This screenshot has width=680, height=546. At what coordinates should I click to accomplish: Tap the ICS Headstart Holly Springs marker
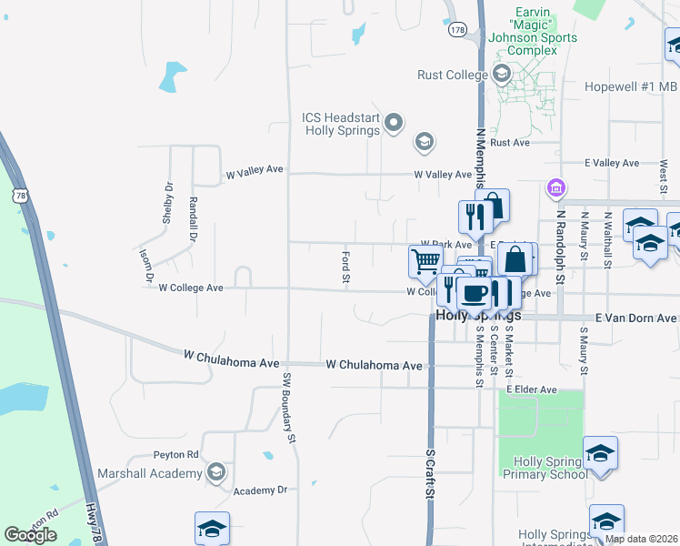(x=394, y=122)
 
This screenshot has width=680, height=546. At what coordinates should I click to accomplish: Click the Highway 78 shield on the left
(x=20, y=195)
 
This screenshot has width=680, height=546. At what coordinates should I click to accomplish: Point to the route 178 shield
(x=457, y=30)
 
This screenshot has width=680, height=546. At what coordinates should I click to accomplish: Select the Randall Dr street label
(x=193, y=217)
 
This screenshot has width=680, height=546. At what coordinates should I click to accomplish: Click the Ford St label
(x=346, y=267)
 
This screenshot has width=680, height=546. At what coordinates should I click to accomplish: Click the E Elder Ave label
(x=532, y=389)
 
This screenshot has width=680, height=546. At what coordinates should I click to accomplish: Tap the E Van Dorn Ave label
(x=636, y=318)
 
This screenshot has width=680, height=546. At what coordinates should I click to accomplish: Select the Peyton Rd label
(x=180, y=454)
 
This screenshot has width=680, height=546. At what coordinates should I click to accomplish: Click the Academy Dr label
(x=260, y=490)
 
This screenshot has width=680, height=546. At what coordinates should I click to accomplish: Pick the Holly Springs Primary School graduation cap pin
(x=601, y=453)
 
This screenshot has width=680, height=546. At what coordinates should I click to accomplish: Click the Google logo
(x=31, y=535)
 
